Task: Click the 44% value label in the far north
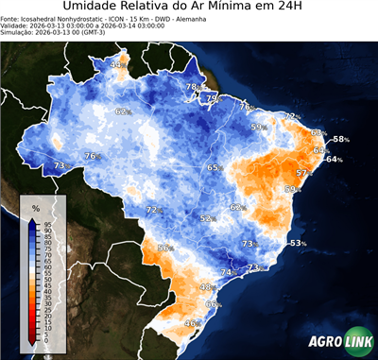118,64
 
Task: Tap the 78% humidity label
192,87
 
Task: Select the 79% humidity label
214,97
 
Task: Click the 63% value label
319,150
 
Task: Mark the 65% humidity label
215,167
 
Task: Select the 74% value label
228,272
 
